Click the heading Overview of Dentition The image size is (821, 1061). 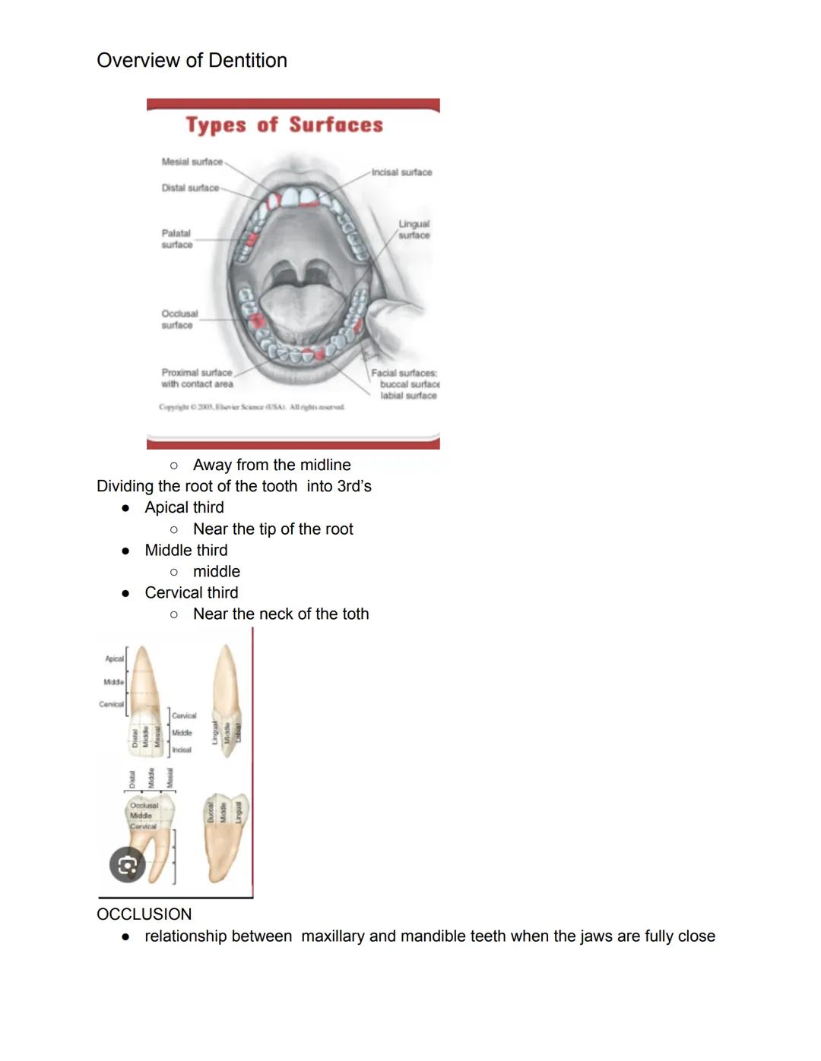coord(192,61)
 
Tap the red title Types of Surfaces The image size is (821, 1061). coord(284,125)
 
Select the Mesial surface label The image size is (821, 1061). coord(192,162)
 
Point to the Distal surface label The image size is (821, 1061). coord(189,188)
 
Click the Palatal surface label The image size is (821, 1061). coord(176,238)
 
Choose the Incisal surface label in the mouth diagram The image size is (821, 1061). coord(401,172)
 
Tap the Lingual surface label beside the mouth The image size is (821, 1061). coord(414,229)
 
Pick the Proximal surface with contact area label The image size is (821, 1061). coord(197,378)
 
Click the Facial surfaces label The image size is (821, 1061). coord(404,384)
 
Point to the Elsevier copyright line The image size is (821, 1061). coord(251,407)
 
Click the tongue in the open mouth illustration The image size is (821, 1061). coord(296,304)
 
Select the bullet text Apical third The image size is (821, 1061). coord(184,507)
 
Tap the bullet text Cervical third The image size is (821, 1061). coord(191,592)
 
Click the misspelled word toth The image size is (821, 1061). coord(354,614)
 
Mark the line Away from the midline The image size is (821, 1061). coord(271,465)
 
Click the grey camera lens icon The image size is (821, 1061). coord(127,865)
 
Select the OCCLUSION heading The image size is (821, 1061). coord(144,914)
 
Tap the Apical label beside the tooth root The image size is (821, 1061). coord(114,658)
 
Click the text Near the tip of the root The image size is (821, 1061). coord(273,529)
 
